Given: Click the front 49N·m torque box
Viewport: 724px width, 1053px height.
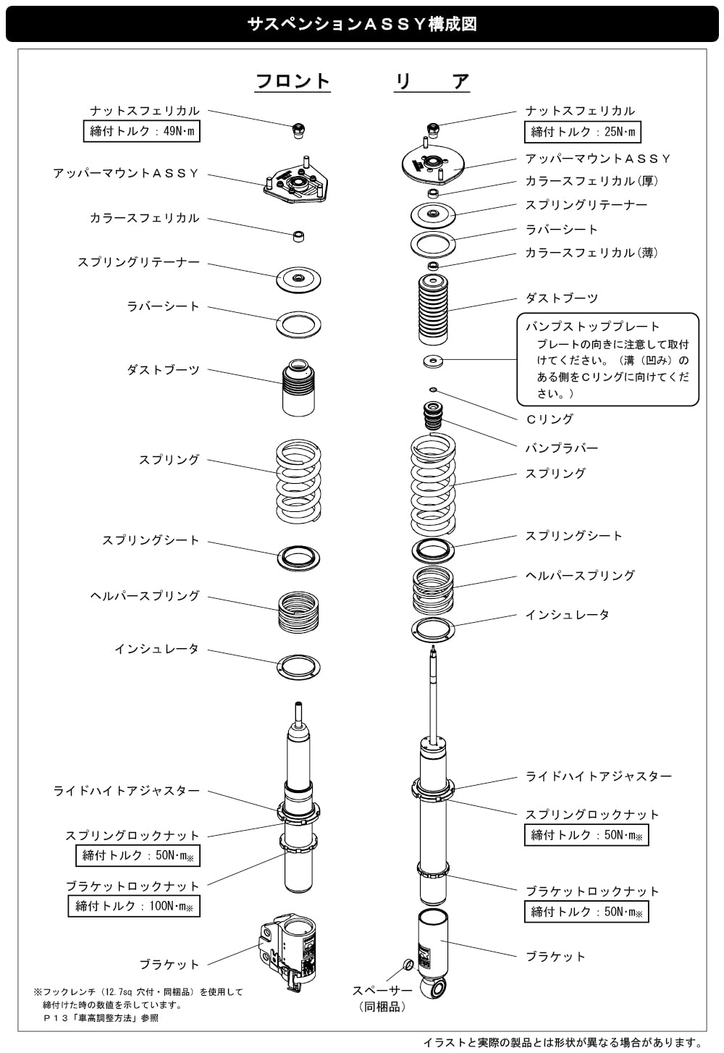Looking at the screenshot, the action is tap(141, 131).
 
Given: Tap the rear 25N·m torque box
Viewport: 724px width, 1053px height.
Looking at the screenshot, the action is tap(583, 132).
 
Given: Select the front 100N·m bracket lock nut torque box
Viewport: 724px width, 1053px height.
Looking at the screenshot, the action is tap(134, 906).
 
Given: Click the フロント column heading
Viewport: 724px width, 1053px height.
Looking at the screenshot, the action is tap(292, 81).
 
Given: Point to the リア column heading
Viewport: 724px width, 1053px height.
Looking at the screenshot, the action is tap(432, 81).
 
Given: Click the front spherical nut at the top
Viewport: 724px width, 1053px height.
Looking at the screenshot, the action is tap(298, 130).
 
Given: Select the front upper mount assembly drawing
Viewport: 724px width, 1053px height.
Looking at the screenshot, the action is tap(295, 180).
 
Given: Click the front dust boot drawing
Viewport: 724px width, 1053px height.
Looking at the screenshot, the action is tap(298, 388).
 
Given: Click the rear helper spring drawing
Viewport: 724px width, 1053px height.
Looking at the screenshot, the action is tap(433, 589).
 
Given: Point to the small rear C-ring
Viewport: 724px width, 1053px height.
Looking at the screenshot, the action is tap(433, 389).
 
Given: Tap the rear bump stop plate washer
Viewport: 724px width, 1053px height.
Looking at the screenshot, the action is tap(433, 361).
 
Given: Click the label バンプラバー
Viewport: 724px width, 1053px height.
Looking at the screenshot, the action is tap(561, 448).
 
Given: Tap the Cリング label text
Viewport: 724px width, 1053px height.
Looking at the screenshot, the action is tap(550, 419).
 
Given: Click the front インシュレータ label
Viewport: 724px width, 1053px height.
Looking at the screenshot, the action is tap(157, 649).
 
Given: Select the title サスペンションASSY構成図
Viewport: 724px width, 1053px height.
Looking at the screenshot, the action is tap(362, 24).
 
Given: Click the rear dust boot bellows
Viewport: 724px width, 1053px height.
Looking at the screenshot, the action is tap(433, 309).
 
